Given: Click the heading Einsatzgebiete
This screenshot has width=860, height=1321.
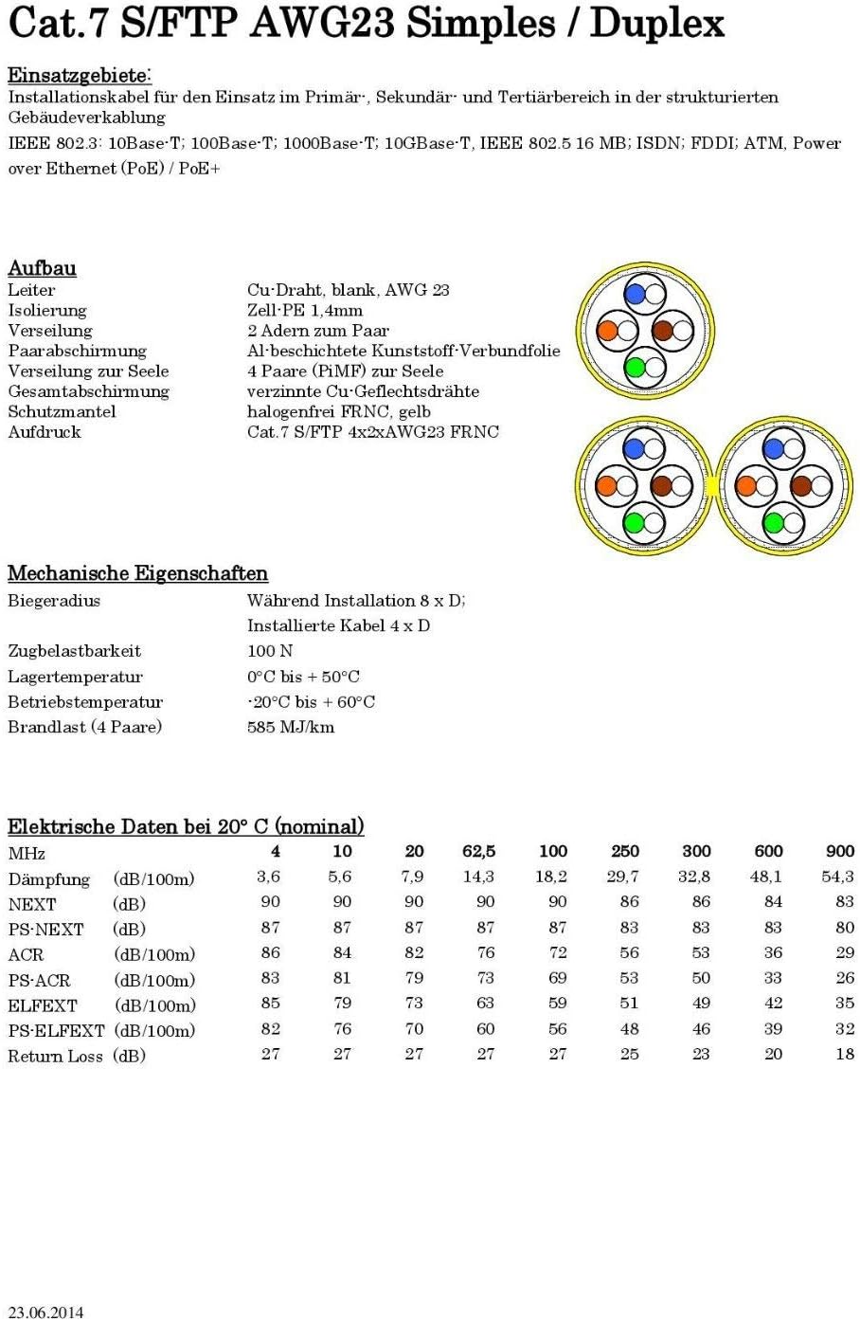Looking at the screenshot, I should coord(80,76).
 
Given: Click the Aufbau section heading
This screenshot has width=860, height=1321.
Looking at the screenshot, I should coord(42,268).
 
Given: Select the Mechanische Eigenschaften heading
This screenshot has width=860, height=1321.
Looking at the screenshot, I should coord(137,573).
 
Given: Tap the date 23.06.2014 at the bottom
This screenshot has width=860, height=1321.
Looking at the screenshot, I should coord(45,1312).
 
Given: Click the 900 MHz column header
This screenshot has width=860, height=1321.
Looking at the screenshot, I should coord(839,851).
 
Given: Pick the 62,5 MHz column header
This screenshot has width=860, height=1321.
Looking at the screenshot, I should coord(478,851).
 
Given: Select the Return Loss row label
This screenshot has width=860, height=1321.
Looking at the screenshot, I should coord(55,1056).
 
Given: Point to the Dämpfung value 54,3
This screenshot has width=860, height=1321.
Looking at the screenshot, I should coord(837,877).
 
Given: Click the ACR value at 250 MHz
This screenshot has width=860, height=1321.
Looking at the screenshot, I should coord(629,952).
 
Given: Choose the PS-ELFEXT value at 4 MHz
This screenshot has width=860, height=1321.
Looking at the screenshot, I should coord(271,1028).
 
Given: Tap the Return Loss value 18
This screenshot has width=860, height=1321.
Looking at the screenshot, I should coord(844,1054).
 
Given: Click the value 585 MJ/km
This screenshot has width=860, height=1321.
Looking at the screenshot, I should coord(290,728).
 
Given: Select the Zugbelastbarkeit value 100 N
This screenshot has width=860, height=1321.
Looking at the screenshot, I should coord(270,651).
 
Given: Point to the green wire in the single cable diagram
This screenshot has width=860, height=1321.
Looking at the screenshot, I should coord(636,367).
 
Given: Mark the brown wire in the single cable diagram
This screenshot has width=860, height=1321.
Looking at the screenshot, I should coord(662,331).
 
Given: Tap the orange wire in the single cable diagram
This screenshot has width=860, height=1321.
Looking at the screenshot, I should coord(608,331).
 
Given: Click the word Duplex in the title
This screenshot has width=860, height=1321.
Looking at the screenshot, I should coord(656,24).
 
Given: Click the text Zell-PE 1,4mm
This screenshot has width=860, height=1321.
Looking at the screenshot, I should coord(304,310).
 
